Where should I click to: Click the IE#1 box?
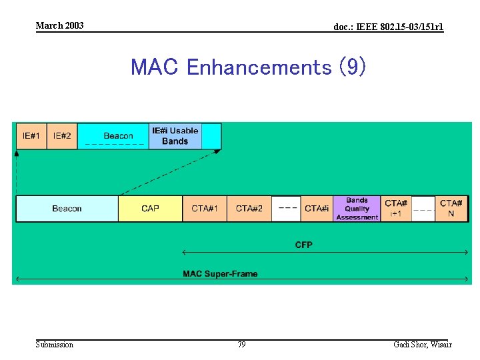click(x=31, y=136)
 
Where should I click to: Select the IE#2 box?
click(x=62, y=136)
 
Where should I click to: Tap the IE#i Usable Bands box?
click(x=175, y=136)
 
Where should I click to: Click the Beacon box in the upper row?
click(x=113, y=136)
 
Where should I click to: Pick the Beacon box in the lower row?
click(x=67, y=209)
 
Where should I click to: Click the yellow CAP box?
click(x=150, y=209)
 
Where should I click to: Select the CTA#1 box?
click(x=205, y=209)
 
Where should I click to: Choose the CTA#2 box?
click(x=249, y=209)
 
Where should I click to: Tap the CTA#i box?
click(x=317, y=209)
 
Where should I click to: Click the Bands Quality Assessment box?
click(x=357, y=209)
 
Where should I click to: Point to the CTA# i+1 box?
click(x=396, y=209)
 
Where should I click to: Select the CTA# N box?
click(x=451, y=209)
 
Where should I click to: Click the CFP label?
click(x=304, y=245)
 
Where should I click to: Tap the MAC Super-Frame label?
click(x=220, y=274)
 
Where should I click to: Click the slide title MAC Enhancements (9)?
click(x=247, y=67)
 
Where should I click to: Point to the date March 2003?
click(x=60, y=25)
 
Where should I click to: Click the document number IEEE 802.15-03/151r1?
click(x=388, y=27)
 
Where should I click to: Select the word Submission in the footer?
click(x=55, y=345)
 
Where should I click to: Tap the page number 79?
click(x=241, y=345)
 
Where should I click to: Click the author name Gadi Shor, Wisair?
click(x=422, y=345)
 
